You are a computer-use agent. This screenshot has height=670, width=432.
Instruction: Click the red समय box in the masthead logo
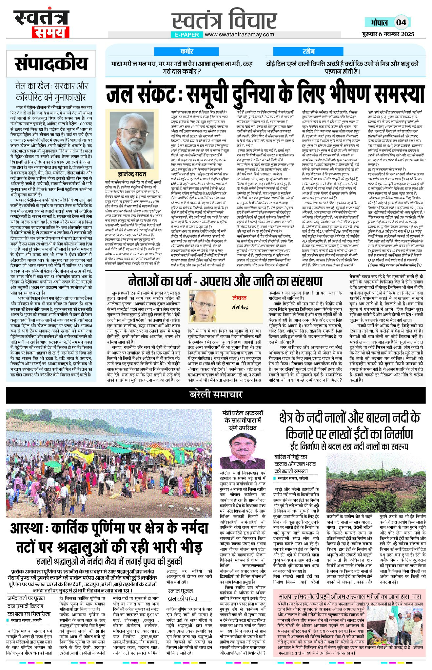(50, 32)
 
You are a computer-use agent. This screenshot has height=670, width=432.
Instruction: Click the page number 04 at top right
(401, 22)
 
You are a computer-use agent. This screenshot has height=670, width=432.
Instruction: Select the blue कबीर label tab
(187, 51)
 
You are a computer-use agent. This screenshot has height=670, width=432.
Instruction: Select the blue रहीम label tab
(308, 51)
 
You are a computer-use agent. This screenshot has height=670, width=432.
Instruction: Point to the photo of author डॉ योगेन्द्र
(204, 306)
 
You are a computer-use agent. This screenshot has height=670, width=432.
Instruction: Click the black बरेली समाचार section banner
(216, 395)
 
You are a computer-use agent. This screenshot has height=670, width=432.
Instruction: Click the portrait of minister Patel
(242, 451)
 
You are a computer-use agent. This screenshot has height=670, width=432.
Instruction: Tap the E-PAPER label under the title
(187, 35)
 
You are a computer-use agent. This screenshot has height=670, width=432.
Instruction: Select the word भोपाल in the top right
(379, 22)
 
